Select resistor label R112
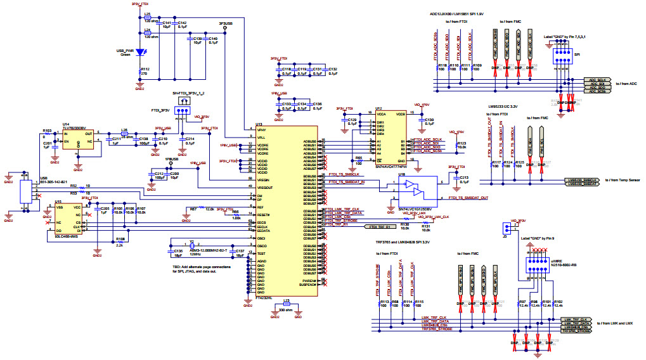click(145, 69)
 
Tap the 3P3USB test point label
click(226, 23)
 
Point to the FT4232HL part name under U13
click(264, 297)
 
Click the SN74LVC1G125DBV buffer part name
click(415, 208)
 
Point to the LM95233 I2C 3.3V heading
click(503, 106)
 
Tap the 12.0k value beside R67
click(209, 208)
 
